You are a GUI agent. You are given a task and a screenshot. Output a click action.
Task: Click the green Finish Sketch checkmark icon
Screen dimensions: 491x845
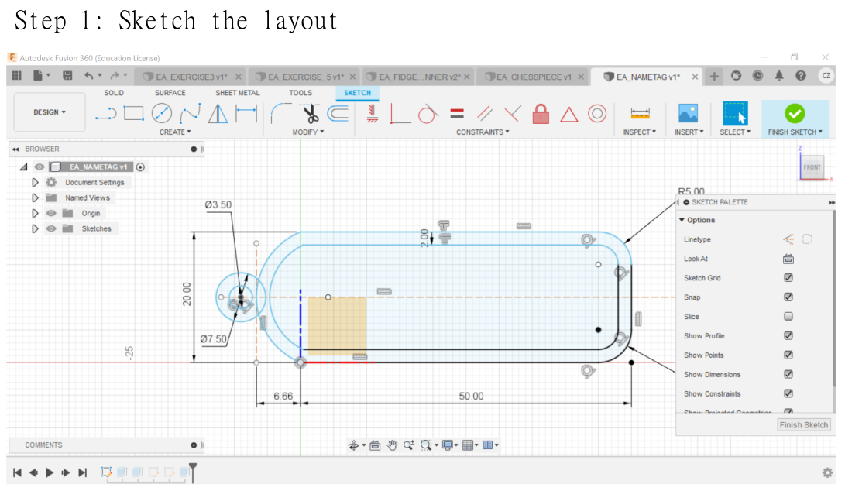[x=795, y=113]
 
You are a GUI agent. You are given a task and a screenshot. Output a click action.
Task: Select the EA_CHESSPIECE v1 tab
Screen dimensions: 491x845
[x=534, y=77]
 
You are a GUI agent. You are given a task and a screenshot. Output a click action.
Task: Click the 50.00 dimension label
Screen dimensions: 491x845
[x=470, y=396]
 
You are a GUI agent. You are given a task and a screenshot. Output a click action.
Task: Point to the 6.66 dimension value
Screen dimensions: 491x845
[x=283, y=396]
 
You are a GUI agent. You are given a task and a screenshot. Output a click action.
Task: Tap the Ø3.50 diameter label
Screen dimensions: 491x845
[x=218, y=204]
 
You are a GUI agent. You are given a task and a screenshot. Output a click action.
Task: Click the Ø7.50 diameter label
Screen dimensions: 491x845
[x=213, y=338]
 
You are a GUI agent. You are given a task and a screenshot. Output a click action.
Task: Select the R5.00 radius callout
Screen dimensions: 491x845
[x=691, y=191]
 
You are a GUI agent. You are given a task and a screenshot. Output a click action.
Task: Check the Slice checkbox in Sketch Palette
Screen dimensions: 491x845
[x=788, y=316]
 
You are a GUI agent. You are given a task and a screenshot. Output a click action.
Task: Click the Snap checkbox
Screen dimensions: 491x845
[x=788, y=297]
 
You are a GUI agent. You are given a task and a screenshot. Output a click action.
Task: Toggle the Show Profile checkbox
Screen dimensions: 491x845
[x=788, y=335]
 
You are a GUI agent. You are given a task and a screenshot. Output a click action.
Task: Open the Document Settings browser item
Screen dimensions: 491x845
[x=94, y=182]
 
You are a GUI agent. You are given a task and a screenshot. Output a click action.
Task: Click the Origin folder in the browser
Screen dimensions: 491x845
[x=91, y=213]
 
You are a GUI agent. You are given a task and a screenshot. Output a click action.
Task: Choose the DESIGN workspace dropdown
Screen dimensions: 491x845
[x=50, y=112]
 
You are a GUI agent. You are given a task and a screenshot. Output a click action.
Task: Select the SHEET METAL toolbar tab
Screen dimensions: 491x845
[x=238, y=93]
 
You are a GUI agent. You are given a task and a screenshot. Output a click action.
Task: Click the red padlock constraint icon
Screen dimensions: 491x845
[x=541, y=114]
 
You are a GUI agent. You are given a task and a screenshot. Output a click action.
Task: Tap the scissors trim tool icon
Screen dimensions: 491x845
[x=311, y=114]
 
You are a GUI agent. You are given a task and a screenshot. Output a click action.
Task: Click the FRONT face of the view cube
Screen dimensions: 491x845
[x=812, y=167]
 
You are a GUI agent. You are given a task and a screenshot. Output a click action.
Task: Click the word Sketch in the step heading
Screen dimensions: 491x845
[x=157, y=21]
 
